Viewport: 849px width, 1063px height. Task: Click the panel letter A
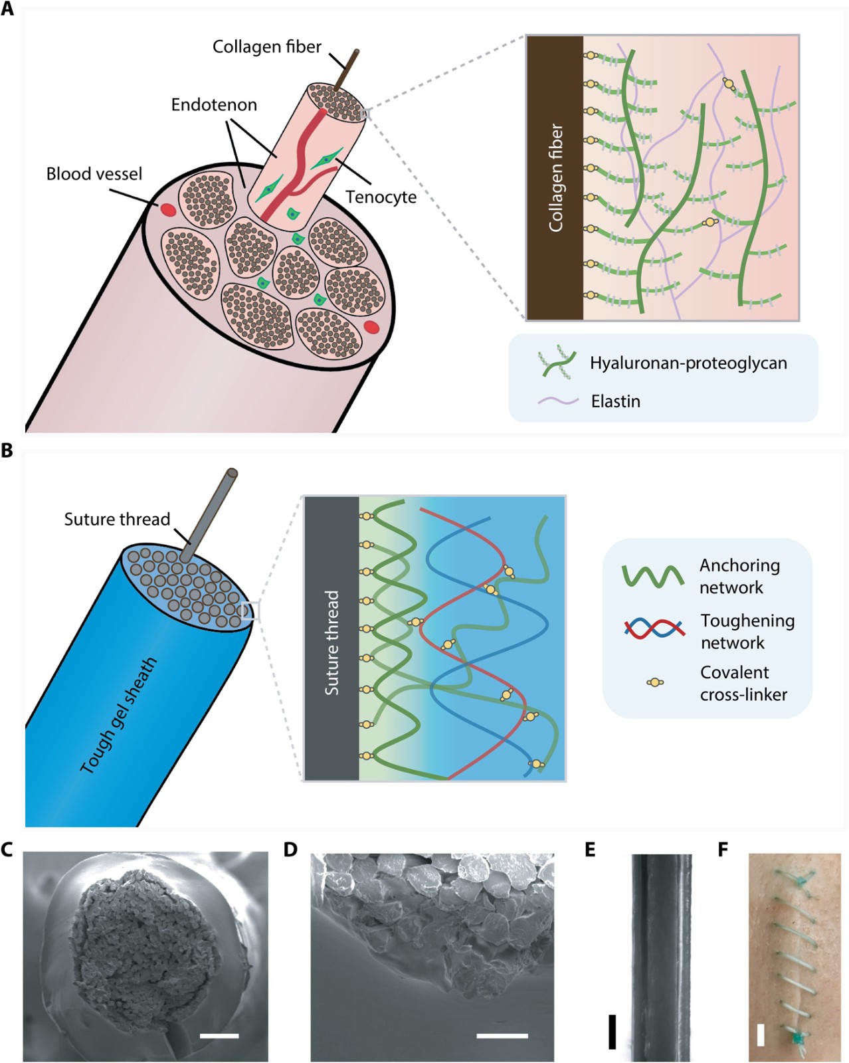(7, 9)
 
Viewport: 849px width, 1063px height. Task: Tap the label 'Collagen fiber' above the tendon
(266, 47)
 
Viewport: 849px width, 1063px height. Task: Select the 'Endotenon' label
(214, 104)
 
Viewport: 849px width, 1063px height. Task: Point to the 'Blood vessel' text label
(94, 174)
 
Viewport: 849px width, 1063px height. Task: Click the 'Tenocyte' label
(381, 197)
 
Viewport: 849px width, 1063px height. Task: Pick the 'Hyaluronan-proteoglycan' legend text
(688, 363)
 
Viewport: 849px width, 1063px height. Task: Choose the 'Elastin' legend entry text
(616, 401)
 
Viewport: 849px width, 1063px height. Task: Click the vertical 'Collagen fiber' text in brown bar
(555, 178)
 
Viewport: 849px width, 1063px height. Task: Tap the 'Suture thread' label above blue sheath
(117, 519)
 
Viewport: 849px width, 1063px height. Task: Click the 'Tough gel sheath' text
(119, 715)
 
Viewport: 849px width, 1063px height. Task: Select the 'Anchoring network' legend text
(739, 576)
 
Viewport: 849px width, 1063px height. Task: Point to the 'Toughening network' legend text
(747, 631)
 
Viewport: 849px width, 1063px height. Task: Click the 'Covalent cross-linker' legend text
(743, 683)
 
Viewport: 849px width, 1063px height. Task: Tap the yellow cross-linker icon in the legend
(655, 682)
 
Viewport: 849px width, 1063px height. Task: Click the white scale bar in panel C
(219, 1035)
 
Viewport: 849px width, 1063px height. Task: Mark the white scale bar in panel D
(502, 1035)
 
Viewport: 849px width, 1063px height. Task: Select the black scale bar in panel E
(612, 1031)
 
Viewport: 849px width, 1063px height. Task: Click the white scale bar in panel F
(761, 1034)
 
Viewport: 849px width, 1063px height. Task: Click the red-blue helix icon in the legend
(654, 628)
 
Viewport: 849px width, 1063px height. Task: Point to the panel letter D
(290, 850)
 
